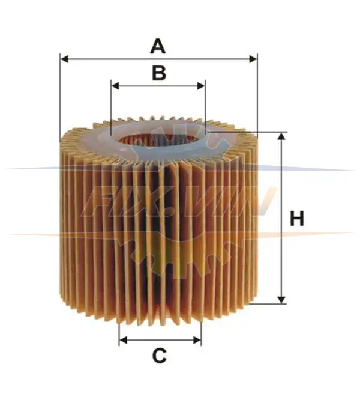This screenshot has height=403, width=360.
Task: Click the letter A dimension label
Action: coord(158,46)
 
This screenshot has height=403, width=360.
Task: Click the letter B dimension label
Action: coord(159,73)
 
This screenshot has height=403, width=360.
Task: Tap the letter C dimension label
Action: coord(160,356)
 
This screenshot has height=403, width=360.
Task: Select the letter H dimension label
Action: coord(297,219)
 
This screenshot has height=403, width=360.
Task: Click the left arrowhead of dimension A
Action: coord(64,59)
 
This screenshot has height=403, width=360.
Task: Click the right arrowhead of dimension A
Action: coord(253,59)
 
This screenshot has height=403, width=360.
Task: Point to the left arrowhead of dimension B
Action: coord(116,86)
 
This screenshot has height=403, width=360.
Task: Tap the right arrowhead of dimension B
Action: coord(201,86)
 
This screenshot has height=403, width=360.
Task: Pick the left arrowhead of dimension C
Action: coord(123,340)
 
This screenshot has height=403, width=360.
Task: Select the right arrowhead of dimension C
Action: coord(197,340)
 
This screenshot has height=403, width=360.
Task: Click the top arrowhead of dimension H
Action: coord(281,136)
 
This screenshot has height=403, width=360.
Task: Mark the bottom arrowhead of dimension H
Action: coord(281,300)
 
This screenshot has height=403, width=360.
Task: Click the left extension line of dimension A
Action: coord(60,98)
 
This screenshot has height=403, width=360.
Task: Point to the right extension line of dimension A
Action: coord(257,94)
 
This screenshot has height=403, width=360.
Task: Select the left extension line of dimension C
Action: coord(119,333)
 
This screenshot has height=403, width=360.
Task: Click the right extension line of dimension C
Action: coord(202,333)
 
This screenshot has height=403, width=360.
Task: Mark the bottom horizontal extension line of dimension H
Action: coord(268,304)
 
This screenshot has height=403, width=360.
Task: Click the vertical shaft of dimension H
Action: coord(281,218)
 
